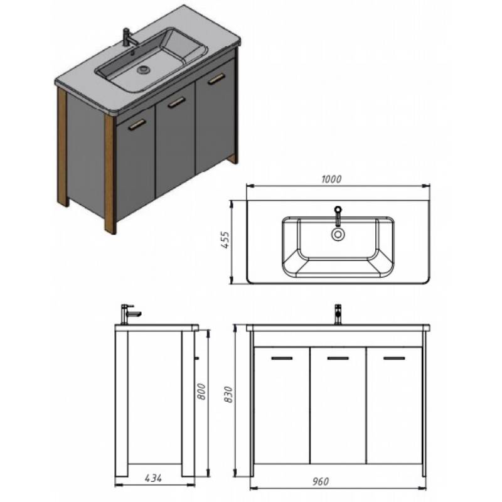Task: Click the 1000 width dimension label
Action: pos(331,179)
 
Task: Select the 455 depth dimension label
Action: pos(225,240)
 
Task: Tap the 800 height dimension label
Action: pos(201,391)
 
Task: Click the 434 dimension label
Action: pos(153,478)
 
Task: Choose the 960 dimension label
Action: pos(320,481)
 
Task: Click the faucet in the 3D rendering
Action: pos(129,37)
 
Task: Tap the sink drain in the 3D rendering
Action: pos(144,70)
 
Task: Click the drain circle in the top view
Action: pos(338,234)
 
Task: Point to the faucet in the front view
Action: pos(338,314)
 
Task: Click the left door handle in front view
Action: pos(282,358)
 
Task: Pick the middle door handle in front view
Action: pos(338,358)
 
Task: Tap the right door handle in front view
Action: pos(394,358)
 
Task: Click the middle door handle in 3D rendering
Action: pos(177,102)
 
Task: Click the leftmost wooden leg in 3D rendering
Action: pos(63,147)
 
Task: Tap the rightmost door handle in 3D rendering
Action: pos(216,79)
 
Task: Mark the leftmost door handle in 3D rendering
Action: pos(137,125)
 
